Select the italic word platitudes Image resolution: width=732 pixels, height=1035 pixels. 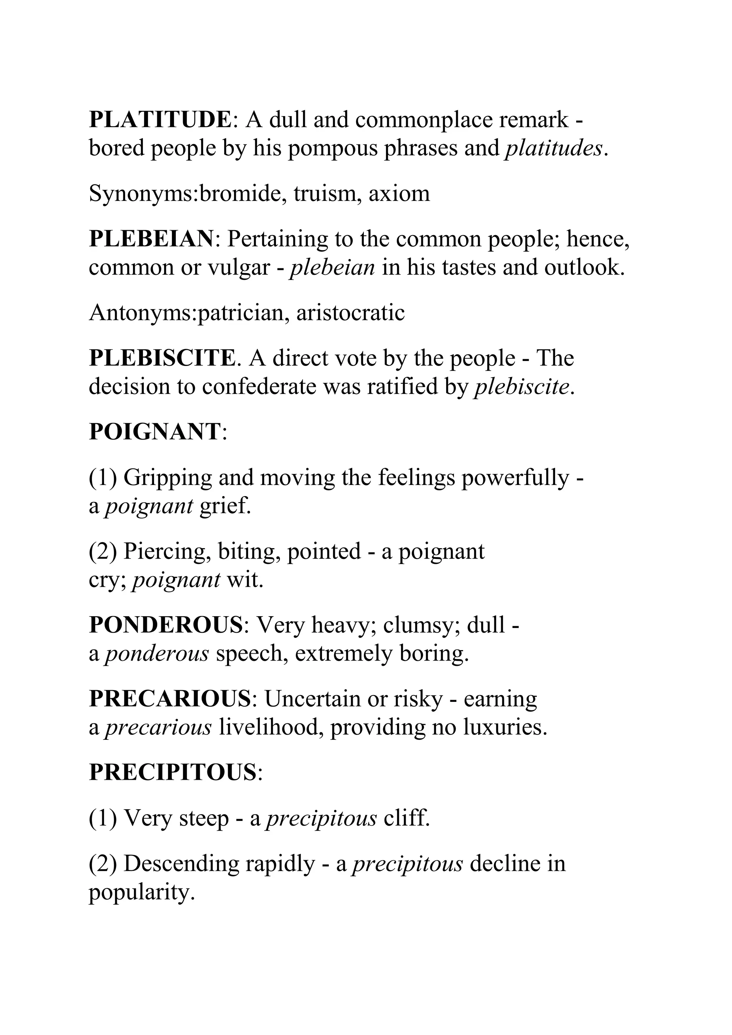point(554,148)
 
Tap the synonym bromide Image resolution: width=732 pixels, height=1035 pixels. point(242,194)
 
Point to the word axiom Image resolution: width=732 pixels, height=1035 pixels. point(399,194)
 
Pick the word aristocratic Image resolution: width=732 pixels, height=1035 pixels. point(351,313)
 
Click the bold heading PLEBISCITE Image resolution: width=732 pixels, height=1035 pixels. point(162,358)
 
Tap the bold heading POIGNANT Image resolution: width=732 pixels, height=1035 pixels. point(155,432)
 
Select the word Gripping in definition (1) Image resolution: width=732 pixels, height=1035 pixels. point(168,478)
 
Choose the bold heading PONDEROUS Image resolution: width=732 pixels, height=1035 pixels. point(166,625)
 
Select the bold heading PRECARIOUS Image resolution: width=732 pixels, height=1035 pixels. point(169,699)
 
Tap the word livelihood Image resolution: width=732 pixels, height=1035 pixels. point(271,728)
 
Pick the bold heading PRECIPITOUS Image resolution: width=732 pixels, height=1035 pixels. point(173,773)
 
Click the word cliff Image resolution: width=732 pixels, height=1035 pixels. point(406,818)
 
